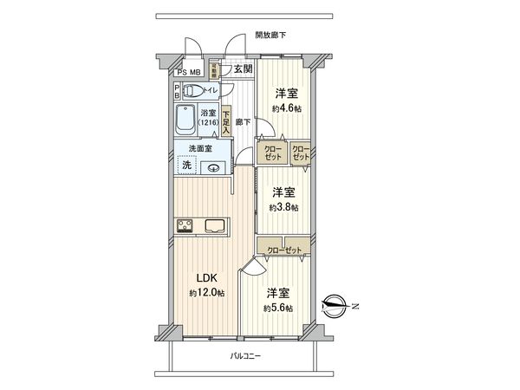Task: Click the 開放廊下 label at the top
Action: click(270, 36)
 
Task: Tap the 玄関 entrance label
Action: click(243, 68)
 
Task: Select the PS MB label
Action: click(189, 73)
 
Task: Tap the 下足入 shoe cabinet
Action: click(225, 118)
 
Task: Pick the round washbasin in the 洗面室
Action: click(217, 166)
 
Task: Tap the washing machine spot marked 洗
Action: click(186, 165)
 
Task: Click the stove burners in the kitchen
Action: click(185, 227)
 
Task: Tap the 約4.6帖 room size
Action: click(287, 108)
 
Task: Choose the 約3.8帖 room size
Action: click(283, 208)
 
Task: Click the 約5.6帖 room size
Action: click(278, 308)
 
